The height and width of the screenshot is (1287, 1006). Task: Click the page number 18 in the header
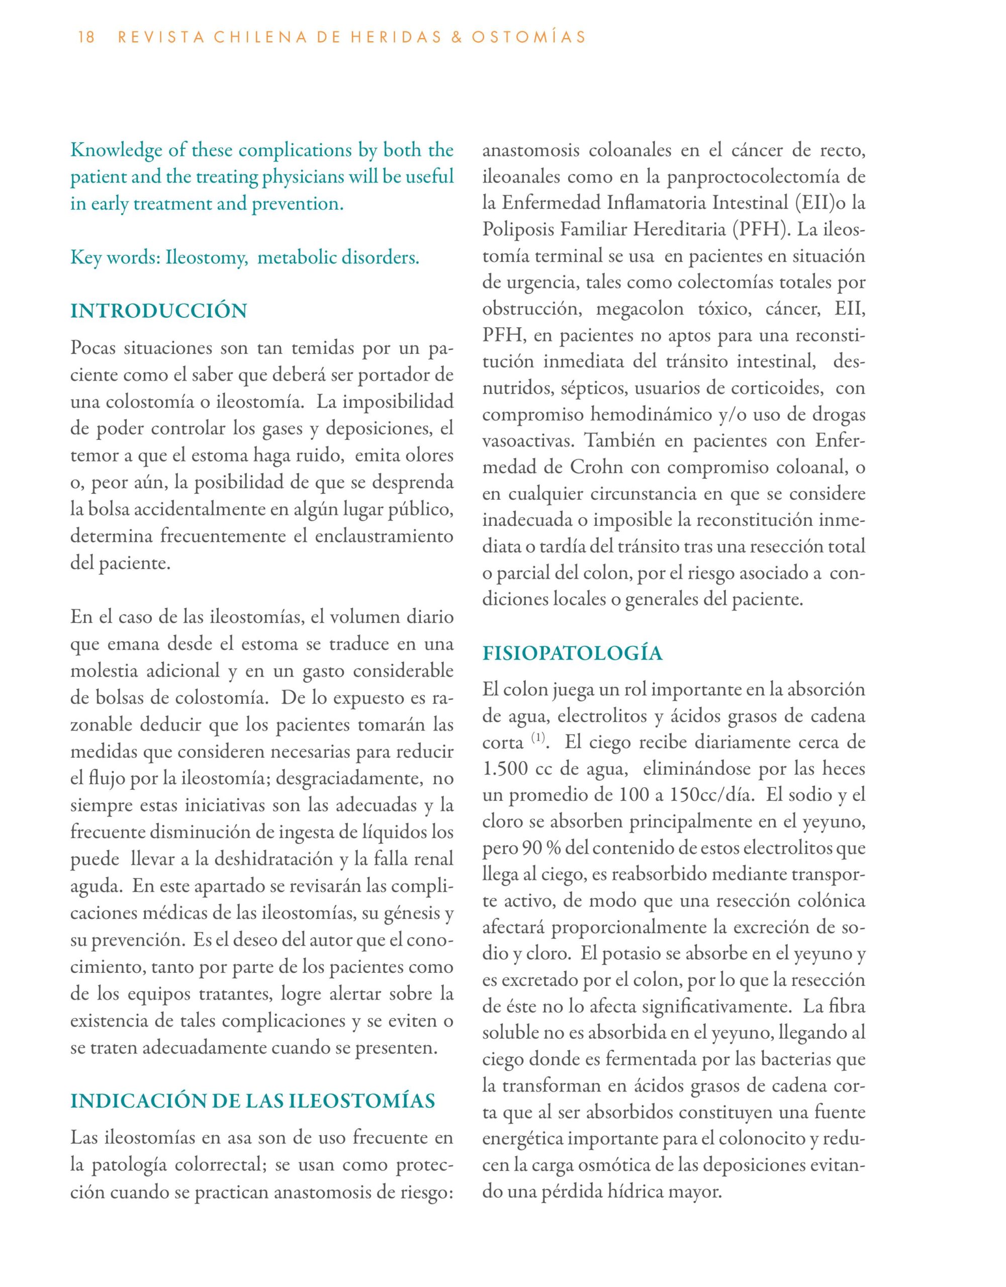[x=86, y=38]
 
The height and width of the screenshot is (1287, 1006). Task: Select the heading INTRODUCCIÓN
[x=158, y=311]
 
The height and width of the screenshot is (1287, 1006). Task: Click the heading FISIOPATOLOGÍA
[x=572, y=654]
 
